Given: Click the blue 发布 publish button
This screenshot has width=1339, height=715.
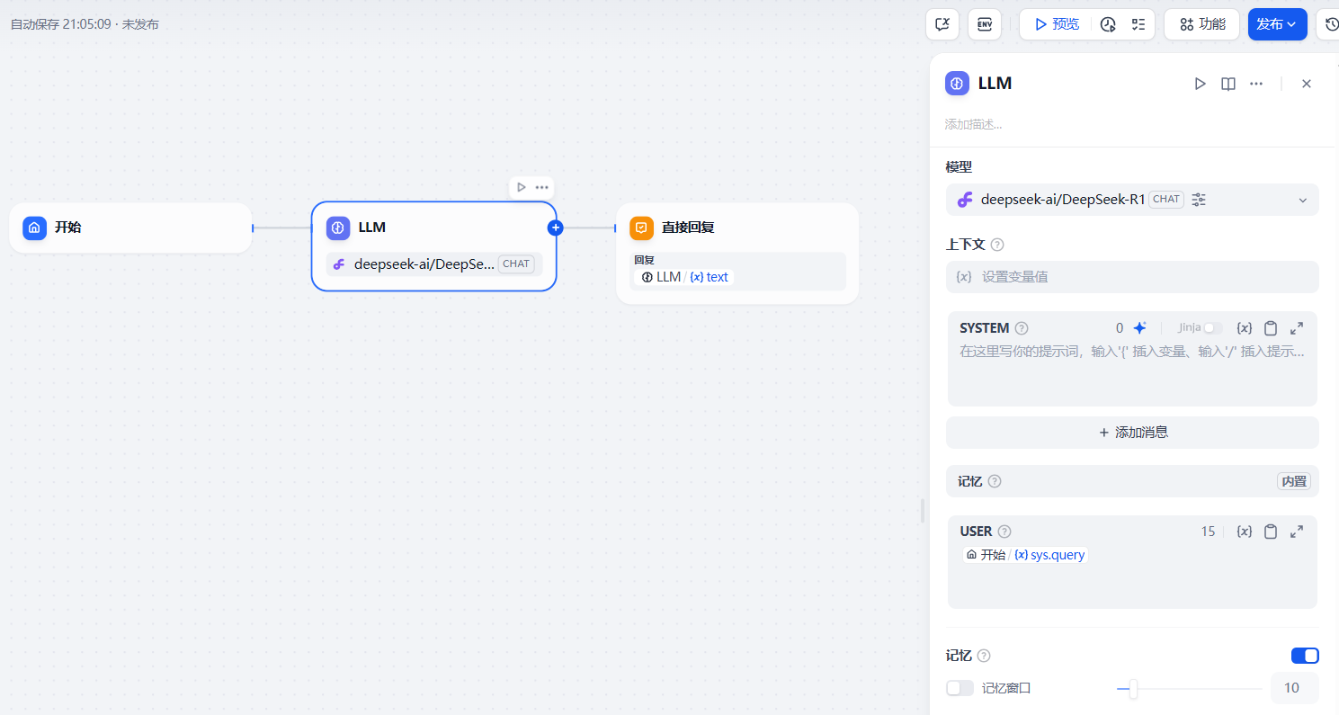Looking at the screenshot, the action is click(x=1276, y=24).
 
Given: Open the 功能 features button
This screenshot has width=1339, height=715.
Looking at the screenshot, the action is click(x=1201, y=24).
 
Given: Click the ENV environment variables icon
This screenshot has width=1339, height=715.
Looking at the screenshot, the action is click(x=984, y=24).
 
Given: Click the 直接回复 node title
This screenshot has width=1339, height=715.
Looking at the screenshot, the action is click(x=688, y=228).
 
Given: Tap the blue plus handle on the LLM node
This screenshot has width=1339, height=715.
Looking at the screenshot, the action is click(x=556, y=228).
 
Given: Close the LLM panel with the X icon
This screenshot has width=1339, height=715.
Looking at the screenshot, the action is click(x=1307, y=84).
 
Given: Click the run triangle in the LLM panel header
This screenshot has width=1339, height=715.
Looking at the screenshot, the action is click(x=1200, y=84).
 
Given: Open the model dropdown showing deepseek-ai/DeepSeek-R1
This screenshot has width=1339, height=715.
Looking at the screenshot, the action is click(x=1131, y=200).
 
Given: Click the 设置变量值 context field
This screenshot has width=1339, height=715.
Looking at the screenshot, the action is click(x=1131, y=277).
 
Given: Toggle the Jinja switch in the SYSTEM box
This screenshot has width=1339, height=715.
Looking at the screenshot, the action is click(x=1213, y=328).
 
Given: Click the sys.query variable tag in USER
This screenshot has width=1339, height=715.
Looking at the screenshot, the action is click(x=1049, y=555).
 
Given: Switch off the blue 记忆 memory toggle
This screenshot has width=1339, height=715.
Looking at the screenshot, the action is click(x=1305, y=656).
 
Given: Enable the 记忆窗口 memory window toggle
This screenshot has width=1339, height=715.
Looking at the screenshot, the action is click(x=960, y=688).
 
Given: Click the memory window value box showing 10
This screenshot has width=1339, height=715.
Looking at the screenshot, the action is click(x=1293, y=688).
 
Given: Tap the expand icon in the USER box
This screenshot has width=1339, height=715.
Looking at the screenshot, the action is click(x=1297, y=532).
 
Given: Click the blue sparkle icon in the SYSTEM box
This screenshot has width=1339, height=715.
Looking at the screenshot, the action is click(x=1139, y=328).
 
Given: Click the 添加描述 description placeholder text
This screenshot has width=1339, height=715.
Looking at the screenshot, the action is click(x=973, y=124).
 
